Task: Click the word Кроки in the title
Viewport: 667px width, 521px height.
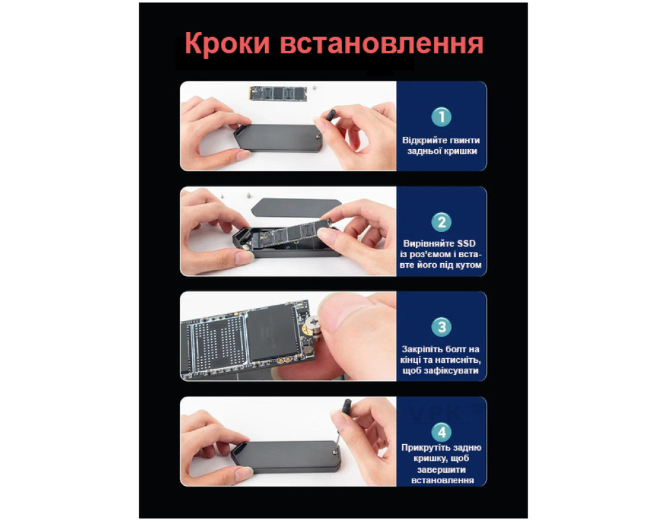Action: tap(227, 44)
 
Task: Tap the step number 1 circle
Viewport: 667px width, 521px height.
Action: tap(442, 117)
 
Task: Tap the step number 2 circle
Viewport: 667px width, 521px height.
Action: tap(442, 222)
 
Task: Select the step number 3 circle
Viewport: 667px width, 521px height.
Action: tap(442, 327)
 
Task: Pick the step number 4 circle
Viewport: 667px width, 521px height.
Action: tap(442, 432)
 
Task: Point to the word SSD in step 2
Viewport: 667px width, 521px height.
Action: tap(466, 244)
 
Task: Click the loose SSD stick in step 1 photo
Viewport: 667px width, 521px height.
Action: tap(277, 93)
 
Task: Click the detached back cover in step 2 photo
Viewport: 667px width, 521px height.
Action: tap(296, 208)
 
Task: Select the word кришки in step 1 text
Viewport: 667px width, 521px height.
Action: tap(460, 151)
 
